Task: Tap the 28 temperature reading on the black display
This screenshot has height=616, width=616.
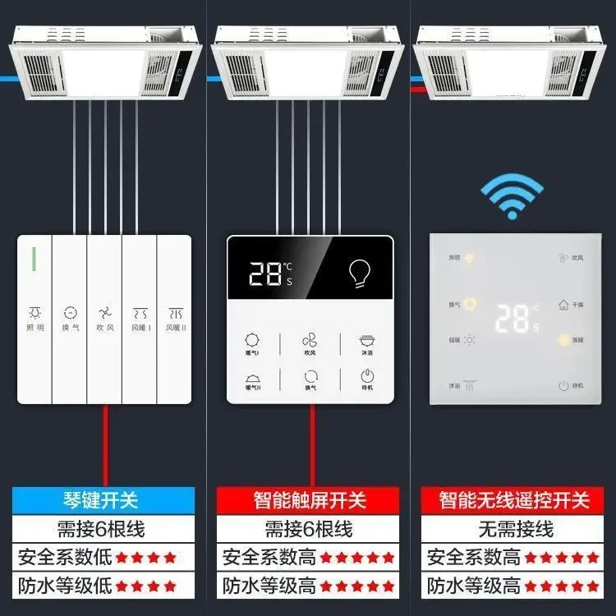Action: click(x=265, y=274)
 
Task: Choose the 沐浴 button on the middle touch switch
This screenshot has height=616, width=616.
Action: click(x=366, y=344)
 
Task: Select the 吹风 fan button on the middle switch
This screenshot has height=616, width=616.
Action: click(x=310, y=344)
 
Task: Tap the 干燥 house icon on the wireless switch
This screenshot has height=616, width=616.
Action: click(x=564, y=304)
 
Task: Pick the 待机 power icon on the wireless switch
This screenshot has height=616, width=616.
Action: click(x=564, y=385)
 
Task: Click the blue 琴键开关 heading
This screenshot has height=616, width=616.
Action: click(x=104, y=499)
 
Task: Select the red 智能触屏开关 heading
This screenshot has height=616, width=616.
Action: click(x=308, y=499)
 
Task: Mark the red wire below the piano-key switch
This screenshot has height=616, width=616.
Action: click(x=104, y=444)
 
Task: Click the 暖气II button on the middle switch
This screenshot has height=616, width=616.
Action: click(x=252, y=379)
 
